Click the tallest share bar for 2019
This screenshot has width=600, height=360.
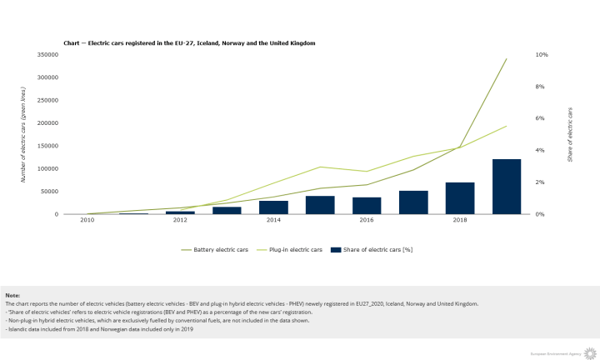507,187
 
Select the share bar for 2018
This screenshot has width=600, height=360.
460,198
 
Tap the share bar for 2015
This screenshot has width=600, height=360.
320,205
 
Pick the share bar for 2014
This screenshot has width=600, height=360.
273,207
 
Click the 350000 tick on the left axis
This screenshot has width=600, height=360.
47,55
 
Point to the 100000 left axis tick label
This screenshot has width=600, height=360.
47,169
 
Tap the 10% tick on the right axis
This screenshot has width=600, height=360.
542,55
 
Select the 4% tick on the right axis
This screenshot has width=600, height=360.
540,151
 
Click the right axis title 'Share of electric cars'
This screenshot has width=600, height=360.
571,133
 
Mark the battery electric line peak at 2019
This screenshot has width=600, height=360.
507,59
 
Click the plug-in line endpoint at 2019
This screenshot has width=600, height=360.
507,127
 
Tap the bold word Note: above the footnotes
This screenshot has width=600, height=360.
12,296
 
